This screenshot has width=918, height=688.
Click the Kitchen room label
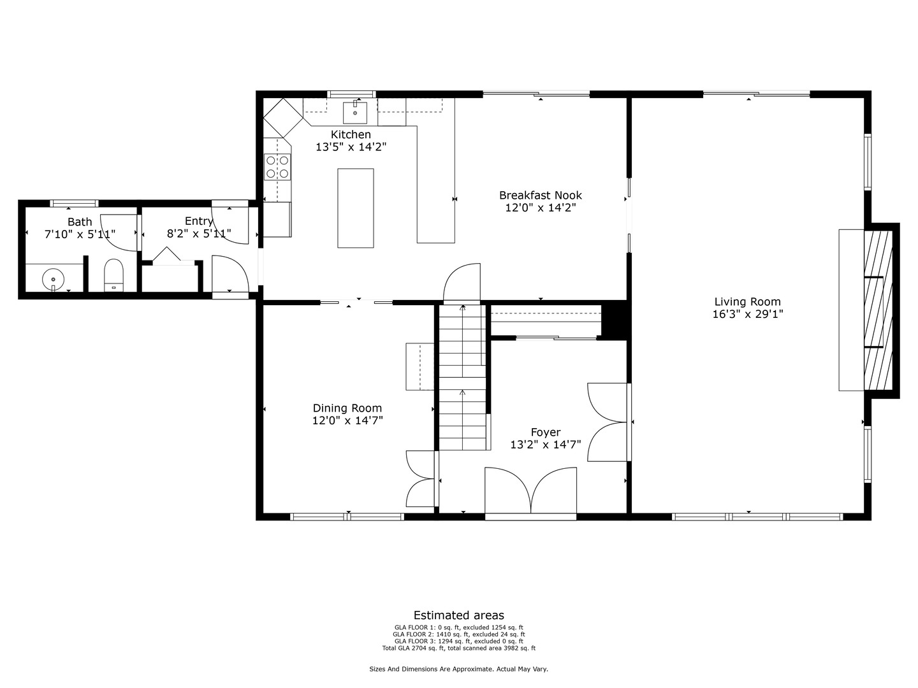tap(351, 134)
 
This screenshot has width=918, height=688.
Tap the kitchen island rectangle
tap(355, 208)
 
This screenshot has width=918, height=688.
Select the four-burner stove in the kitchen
tap(277, 167)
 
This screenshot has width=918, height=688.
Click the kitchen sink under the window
tap(355, 113)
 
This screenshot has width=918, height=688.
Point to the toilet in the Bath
tap(113, 275)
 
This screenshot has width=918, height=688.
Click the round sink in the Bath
tap(54, 279)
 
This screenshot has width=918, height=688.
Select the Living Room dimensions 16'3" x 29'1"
tap(748, 314)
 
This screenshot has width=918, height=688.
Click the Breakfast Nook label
tap(540, 196)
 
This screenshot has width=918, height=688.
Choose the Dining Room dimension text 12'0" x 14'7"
tap(347, 420)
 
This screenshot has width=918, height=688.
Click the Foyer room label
tap(546, 433)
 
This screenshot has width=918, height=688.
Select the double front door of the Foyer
tap(530, 491)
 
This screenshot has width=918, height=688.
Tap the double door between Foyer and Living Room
tap(608, 422)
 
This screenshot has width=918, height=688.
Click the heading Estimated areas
tap(459, 615)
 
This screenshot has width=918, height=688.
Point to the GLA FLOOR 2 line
tap(459, 634)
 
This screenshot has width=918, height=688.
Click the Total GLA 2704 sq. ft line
tap(459, 649)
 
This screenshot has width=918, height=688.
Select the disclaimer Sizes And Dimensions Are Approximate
tap(459, 670)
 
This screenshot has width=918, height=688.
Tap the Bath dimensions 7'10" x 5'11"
tap(80, 234)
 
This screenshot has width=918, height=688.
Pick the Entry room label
tap(198, 221)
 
